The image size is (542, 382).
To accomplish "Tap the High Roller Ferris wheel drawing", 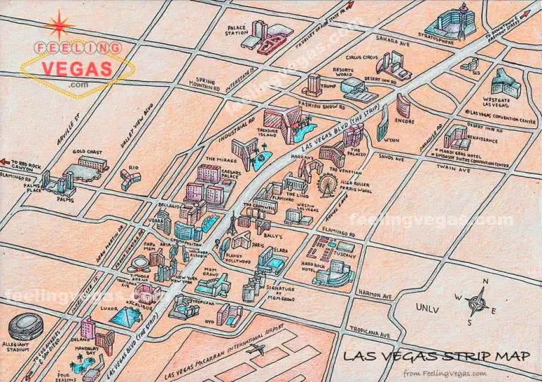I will [327, 185].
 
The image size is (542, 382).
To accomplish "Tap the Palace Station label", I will [236, 30].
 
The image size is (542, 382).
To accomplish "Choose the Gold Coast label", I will [88, 152].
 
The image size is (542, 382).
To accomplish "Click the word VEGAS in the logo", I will [77, 68].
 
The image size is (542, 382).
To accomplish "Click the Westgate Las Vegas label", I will [507, 100].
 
